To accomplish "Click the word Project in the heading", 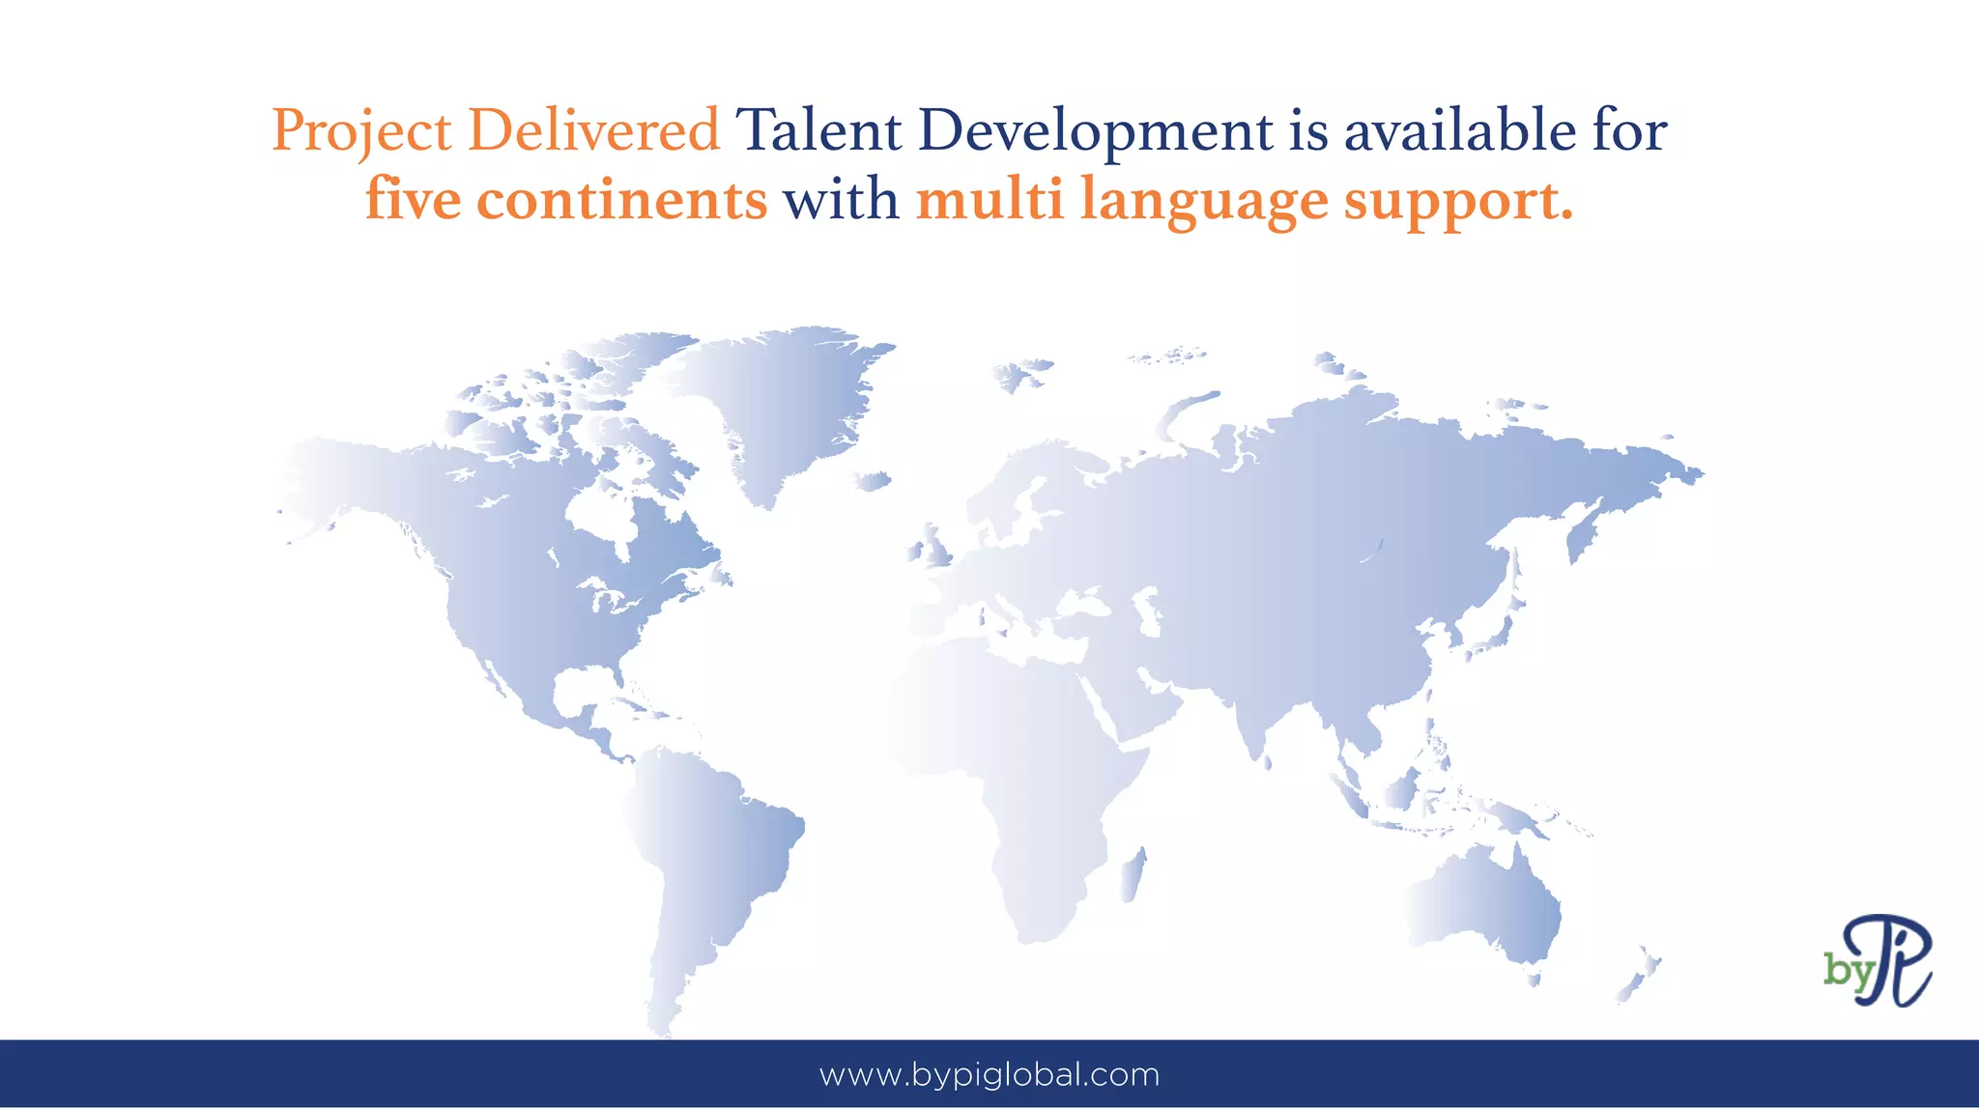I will pyautogui.click(x=361, y=130).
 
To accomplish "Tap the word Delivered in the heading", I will pyautogui.click(x=593, y=130).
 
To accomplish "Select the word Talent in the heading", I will pyautogui.click(x=817, y=130).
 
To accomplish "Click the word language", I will pyautogui.click(x=1203, y=202).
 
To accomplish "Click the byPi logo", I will pyautogui.click(x=1878, y=960).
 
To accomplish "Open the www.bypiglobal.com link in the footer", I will pyautogui.click(x=989, y=1074).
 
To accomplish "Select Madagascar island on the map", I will pyautogui.click(x=1133, y=874).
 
